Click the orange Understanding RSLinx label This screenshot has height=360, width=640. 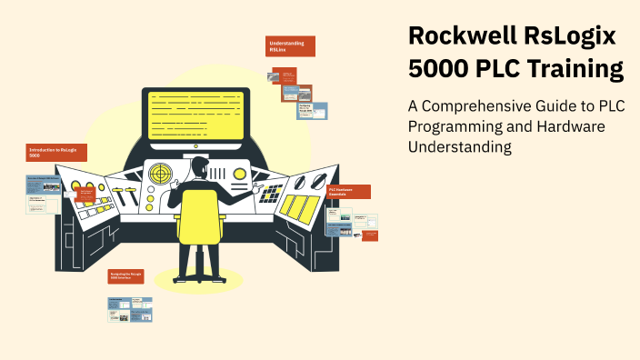(291, 46)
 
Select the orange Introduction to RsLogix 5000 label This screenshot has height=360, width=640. (51, 153)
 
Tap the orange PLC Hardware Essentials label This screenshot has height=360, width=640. (348, 192)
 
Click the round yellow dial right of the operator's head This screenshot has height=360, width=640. (240, 173)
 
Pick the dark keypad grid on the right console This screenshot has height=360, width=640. (271, 193)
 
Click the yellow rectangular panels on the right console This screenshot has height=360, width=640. (299, 206)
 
